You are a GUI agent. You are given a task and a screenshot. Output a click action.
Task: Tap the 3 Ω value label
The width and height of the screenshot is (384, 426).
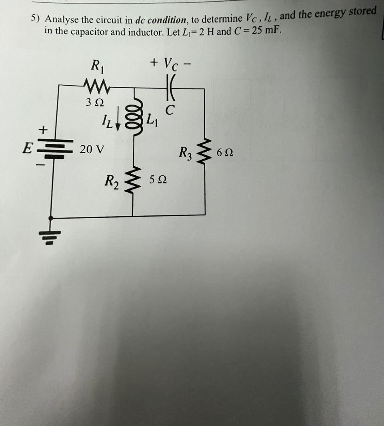point(95,102)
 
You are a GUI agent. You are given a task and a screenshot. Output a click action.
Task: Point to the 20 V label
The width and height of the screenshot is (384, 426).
point(92,150)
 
